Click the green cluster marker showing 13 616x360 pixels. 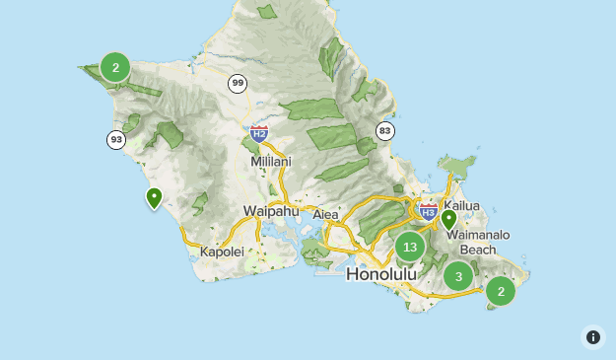coord(410,247)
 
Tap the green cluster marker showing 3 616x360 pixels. coord(458,276)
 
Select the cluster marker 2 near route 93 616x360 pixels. coord(115,67)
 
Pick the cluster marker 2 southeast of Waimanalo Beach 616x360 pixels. coord(501,290)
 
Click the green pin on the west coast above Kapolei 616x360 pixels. coord(154,198)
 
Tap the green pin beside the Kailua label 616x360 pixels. coord(448,219)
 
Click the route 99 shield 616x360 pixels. coord(238,84)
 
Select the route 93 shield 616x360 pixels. coord(116,140)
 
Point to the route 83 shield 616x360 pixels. coord(384,131)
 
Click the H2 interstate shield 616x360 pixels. coord(259,133)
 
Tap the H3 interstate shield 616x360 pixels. coord(428,211)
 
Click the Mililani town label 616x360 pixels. coord(271,161)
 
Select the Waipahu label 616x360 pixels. coord(271,211)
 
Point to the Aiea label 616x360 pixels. coord(325,214)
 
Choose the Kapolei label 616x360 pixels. coord(221,252)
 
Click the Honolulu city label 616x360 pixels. coord(381,273)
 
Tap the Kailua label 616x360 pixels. coord(461,205)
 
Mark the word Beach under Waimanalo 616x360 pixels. coord(478,250)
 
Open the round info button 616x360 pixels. coord(593,337)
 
